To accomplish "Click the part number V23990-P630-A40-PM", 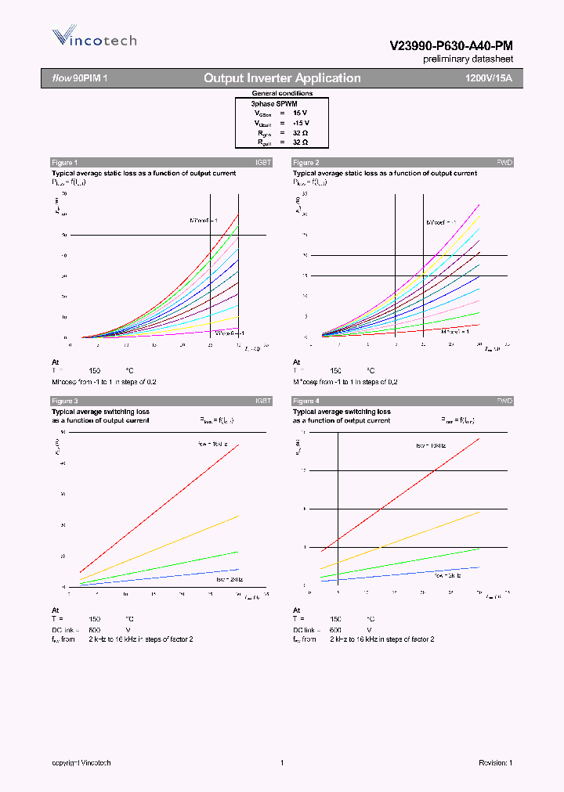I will point(451,46).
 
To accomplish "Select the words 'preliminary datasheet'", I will point(468,59).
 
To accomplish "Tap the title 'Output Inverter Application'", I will point(282,78).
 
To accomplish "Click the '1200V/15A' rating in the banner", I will point(488,78).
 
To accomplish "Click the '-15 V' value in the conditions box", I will point(300,123).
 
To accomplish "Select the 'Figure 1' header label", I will point(64,162).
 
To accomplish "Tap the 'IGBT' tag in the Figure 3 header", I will point(263,401).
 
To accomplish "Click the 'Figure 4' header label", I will point(305,401).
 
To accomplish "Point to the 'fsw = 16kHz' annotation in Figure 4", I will point(430,445).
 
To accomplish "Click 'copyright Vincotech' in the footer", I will point(81,763).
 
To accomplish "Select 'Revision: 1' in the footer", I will point(495,763).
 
